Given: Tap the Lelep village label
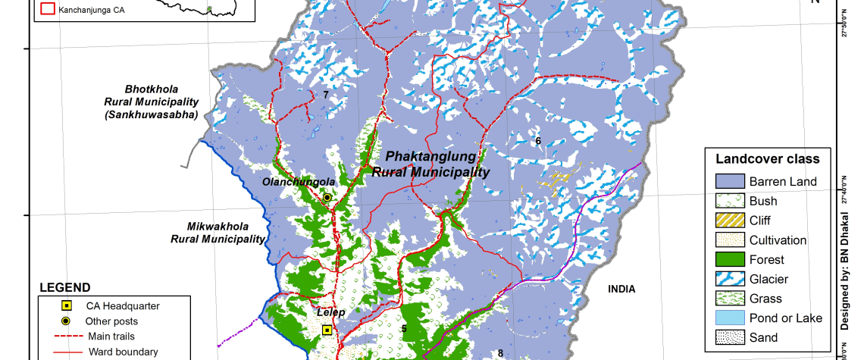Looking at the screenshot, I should coord(330,312).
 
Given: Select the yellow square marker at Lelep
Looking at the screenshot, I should coord(327,330).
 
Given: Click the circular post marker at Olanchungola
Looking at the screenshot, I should coord(327,197).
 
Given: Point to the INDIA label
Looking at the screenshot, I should coord(621,289).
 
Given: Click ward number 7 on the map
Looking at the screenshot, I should coord(325,95).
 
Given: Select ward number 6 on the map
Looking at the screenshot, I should coord(538,140).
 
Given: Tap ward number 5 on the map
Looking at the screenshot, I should coord(404,328).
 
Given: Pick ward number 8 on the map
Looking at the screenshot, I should coord(500,352).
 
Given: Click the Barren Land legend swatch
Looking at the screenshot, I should coord(728,181).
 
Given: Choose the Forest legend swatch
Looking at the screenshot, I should coord(728,260).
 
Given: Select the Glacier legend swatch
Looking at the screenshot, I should coord(728,280).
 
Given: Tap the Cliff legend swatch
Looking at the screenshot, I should coord(728,221).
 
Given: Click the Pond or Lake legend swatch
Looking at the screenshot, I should coord(728,318).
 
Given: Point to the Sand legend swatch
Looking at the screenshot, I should coord(728,338).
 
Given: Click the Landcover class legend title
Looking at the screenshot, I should coord(766,159).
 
